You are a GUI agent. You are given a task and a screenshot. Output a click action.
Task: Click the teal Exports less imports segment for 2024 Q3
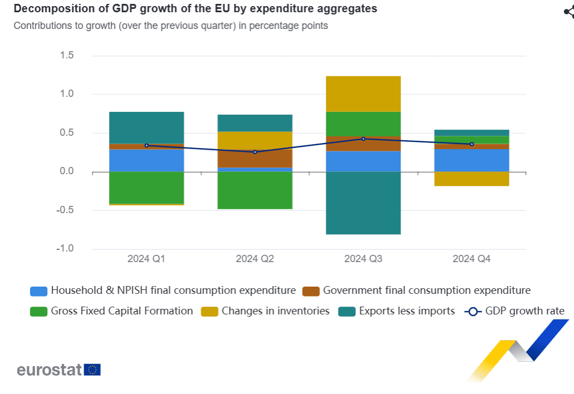(x=363, y=203)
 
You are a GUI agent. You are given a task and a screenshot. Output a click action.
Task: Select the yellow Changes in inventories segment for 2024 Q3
(x=363, y=93)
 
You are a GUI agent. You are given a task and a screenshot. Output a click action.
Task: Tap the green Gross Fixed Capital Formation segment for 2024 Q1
(x=146, y=188)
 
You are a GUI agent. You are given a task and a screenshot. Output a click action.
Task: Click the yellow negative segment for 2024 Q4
(x=472, y=179)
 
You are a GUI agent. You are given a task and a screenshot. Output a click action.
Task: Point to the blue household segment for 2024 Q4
(x=472, y=160)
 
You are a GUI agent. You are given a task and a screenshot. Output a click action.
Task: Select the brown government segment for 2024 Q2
(x=255, y=158)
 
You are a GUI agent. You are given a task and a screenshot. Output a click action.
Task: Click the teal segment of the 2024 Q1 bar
(x=146, y=127)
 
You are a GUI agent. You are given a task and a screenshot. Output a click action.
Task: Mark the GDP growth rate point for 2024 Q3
(x=363, y=139)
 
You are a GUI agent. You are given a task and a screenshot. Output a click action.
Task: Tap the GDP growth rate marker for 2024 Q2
(x=255, y=152)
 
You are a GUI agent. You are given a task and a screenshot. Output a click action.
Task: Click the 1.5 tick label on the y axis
(x=67, y=56)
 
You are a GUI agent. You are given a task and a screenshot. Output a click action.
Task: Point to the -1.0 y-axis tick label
(x=65, y=249)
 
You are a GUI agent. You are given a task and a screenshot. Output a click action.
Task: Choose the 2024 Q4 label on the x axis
(x=472, y=259)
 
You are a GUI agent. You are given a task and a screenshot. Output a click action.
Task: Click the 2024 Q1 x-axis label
(x=146, y=259)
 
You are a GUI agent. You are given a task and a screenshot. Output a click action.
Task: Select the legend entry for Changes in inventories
(x=275, y=311)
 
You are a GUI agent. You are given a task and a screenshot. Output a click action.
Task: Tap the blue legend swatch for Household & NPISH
(x=38, y=291)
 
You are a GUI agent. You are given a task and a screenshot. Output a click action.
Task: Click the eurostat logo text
(x=49, y=370)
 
